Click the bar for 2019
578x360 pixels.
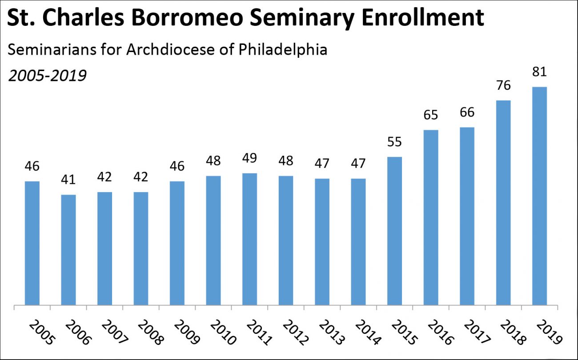(x=539, y=196)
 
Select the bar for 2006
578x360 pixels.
(x=68, y=250)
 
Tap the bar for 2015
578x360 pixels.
(x=394, y=231)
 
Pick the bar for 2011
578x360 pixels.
(x=249, y=239)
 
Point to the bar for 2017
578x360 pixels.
(x=467, y=216)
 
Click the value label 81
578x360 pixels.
(x=539, y=72)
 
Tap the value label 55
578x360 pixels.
(x=394, y=142)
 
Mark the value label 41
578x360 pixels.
(x=68, y=180)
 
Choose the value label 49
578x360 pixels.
(x=249, y=158)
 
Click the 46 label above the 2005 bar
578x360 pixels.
(x=32, y=167)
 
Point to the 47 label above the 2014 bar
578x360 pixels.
(x=358, y=164)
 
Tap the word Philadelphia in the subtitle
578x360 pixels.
(x=283, y=50)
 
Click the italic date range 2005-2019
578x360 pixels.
(x=47, y=76)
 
